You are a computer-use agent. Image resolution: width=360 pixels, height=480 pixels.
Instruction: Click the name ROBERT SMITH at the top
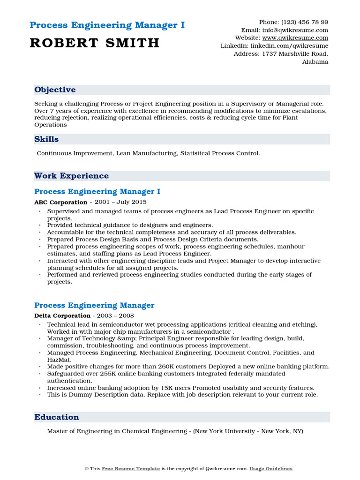tap(94, 43)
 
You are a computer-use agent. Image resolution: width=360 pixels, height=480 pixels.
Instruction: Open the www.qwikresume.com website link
tap(295, 38)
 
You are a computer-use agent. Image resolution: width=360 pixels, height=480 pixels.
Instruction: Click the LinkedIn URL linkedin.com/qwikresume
tap(289, 46)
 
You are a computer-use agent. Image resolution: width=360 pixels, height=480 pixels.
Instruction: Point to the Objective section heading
tap(55, 90)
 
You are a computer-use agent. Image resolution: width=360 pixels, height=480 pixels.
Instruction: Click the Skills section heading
tap(46, 139)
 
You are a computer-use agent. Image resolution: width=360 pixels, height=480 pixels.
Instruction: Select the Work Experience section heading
tap(71, 176)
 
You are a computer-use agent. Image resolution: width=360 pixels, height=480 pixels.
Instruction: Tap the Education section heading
tap(56, 417)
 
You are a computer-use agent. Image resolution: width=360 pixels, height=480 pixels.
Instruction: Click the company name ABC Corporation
tap(60, 202)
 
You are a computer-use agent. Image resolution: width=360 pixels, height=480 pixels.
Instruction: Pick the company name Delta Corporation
tap(62, 316)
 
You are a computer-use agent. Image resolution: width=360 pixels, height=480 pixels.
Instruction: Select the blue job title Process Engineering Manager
tap(94, 306)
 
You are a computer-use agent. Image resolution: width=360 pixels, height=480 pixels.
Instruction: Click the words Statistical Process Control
tap(219, 153)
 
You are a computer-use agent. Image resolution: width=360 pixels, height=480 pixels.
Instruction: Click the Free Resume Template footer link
tap(131, 469)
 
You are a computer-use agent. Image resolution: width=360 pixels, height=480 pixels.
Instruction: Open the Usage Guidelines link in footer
tap(270, 469)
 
